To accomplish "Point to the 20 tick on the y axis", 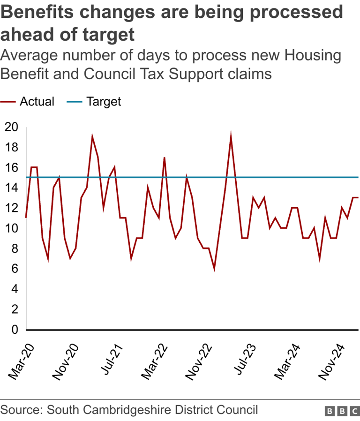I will pos(11,127).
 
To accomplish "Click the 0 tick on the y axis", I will pos(14,330).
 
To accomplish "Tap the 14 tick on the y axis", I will pos(11,188).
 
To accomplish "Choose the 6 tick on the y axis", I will pos(14,269).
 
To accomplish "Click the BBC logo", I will pos(342,411).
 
